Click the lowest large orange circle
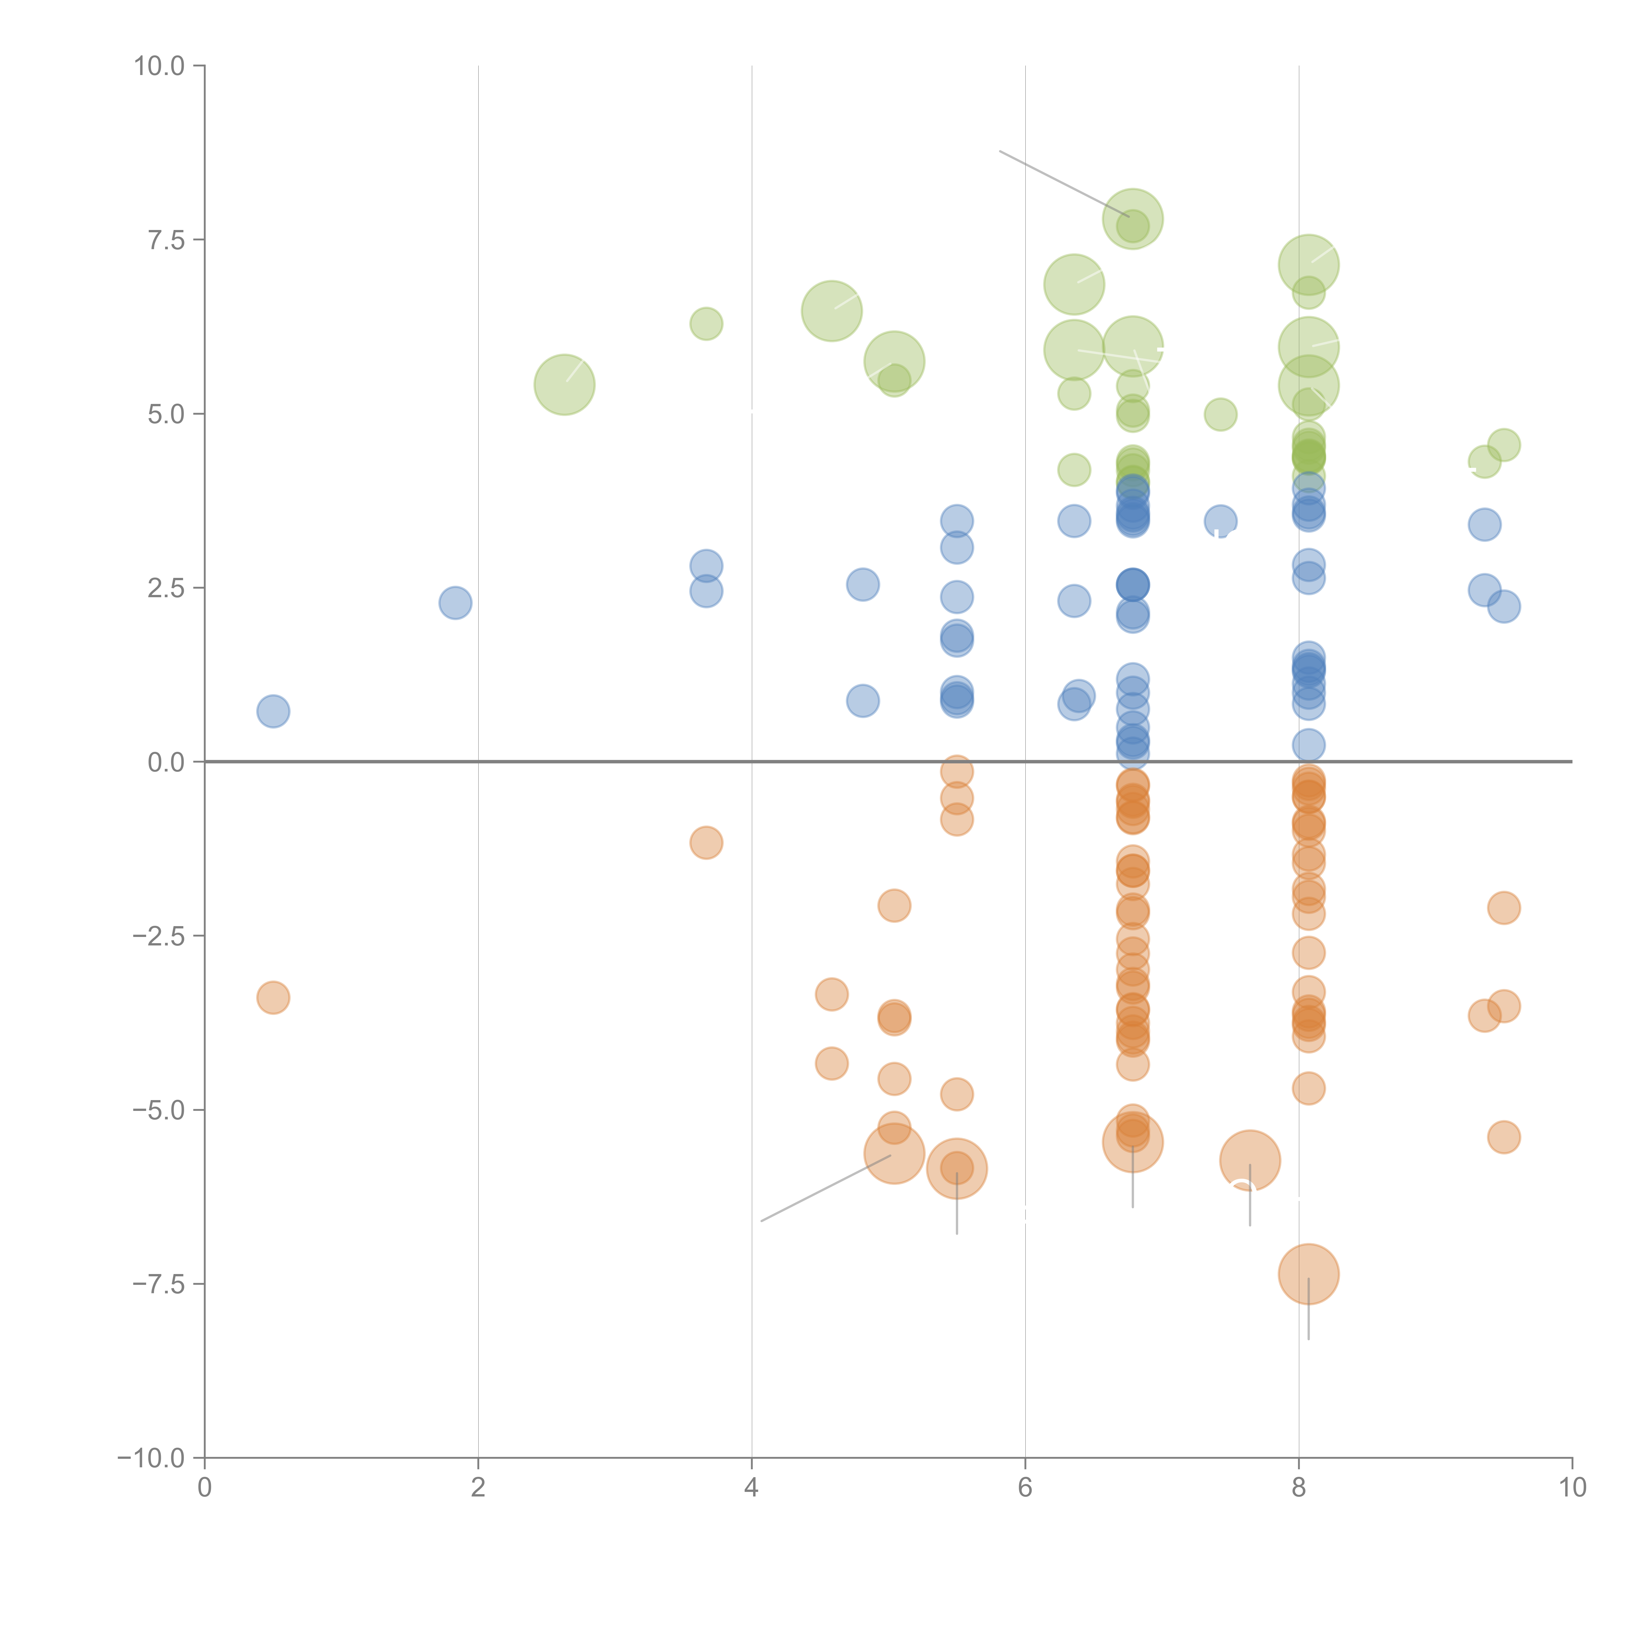1308,1274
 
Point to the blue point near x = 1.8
455,603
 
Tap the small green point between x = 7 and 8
1220,415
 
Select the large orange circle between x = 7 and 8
1250,1161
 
